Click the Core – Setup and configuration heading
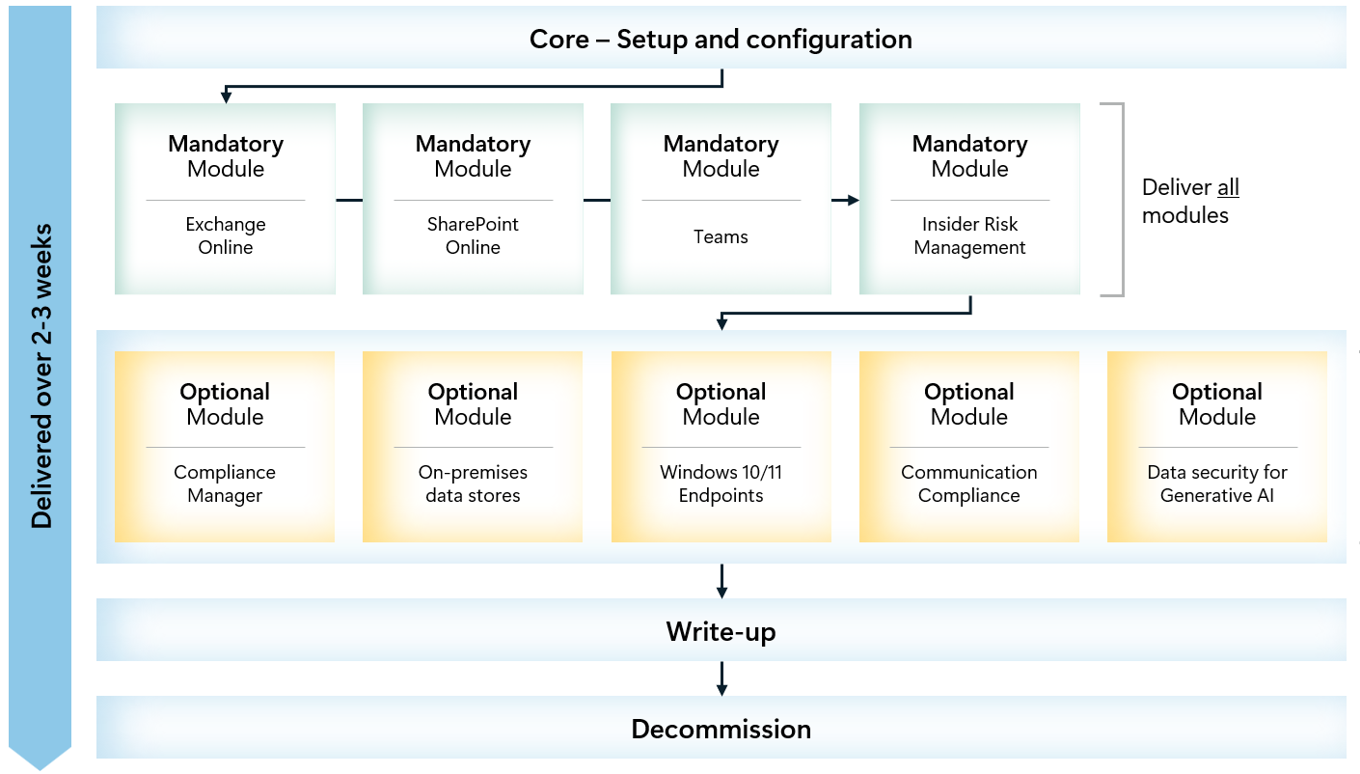point(721,40)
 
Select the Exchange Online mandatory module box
point(226,199)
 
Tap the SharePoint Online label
point(473,235)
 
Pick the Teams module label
point(721,236)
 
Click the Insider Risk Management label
point(969,235)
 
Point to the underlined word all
point(1228,188)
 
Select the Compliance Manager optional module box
point(225,447)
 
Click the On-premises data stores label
point(473,484)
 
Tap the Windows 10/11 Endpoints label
point(721,484)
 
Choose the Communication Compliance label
point(969,484)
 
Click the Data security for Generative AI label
point(1217,484)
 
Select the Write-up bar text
point(721,632)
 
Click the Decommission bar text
point(721,729)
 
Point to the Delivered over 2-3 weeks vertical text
point(41,376)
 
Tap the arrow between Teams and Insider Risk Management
point(845,200)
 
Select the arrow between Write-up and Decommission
point(721,678)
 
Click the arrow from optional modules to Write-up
point(721,581)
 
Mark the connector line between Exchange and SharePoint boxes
point(349,200)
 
